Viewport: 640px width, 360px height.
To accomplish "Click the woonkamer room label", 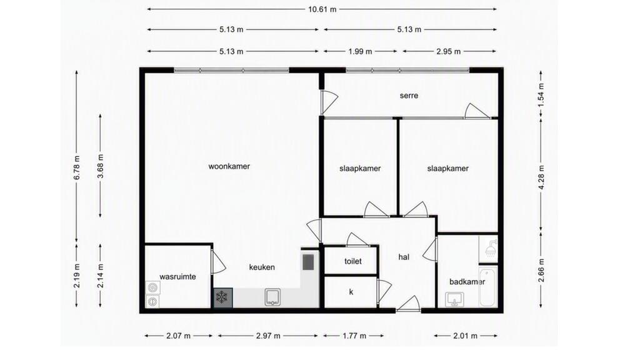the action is [x=229, y=166].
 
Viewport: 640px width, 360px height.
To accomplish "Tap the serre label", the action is [x=409, y=96].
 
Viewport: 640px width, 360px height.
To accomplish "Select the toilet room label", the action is [x=352, y=261].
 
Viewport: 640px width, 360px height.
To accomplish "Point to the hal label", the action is [x=404, y=257].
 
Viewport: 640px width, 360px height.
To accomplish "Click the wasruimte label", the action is [x=177, y=276].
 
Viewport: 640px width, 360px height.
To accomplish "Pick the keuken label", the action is [x=262, y=267].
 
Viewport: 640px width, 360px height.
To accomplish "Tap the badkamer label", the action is [x=467, y=282].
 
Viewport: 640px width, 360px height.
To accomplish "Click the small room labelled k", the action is [x=351, y=292].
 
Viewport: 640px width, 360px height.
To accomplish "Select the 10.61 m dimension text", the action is [x=322, y=9].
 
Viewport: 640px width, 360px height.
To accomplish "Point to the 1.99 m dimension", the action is [x=360, y=51].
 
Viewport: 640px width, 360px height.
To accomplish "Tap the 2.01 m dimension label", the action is [x=465, y=336].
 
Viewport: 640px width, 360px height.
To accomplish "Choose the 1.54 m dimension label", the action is [x=541, y=95].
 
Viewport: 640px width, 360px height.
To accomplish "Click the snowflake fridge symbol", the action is [x=223, y=298].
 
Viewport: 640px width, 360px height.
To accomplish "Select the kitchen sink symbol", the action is [x=272, y=297].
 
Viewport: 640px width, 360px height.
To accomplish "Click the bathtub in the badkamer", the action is [x=487, y=287].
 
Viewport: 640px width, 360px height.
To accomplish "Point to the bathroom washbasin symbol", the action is [x=454, y=299].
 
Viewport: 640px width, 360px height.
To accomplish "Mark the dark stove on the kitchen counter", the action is [x=308, y=262].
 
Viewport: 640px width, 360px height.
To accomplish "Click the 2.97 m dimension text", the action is [x=268, y=336].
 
